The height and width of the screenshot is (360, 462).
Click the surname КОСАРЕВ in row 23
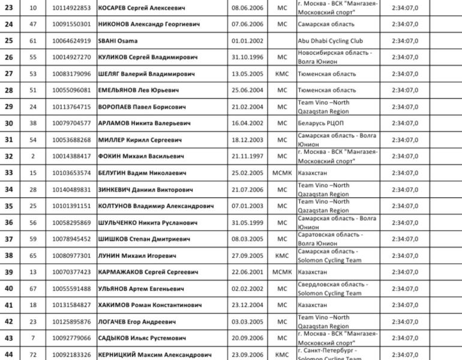tap(116, 8)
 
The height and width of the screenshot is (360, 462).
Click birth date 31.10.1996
tap(247, 58)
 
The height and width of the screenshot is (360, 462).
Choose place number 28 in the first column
tap(8, 90)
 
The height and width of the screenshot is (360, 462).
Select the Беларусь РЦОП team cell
tap(320, 123)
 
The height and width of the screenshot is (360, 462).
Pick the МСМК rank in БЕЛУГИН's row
tap(282, 173)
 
